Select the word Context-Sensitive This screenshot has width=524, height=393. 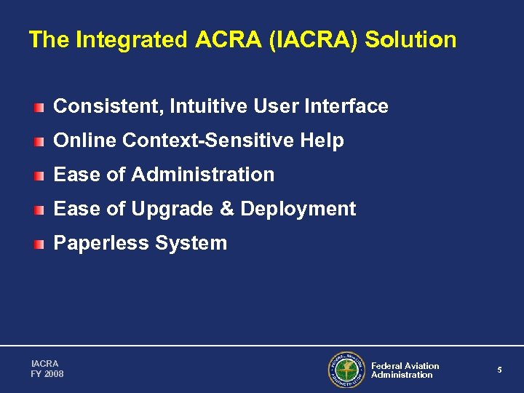pos(210,140)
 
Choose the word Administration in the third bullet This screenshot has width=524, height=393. pos(204,175)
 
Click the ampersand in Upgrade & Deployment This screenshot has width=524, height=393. pos(226,209)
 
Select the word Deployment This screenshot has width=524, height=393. pos(298,209)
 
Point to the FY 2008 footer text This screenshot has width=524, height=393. pos(47,374)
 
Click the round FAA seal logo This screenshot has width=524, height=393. pos(346,370)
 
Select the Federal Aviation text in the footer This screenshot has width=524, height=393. pos(405,365)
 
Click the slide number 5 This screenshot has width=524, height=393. pos(500,370)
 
